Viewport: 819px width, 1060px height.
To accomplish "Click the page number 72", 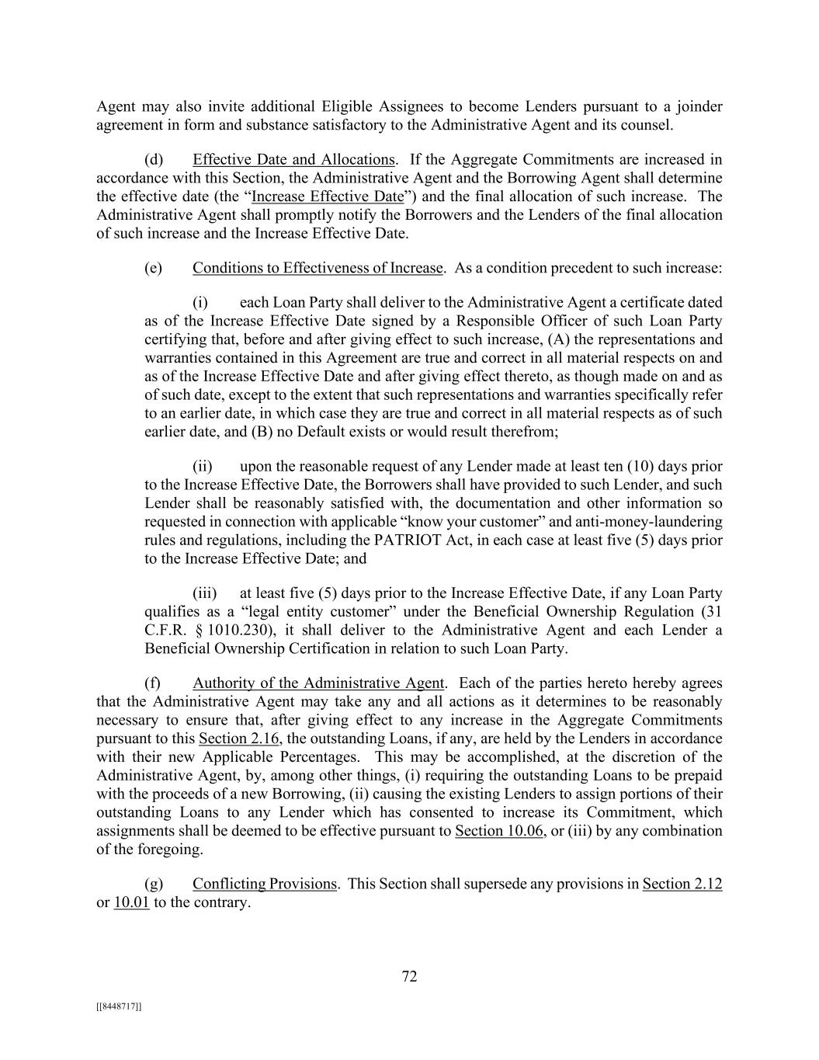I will coord(409,977).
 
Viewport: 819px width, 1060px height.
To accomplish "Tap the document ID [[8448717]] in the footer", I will coord(119,1006).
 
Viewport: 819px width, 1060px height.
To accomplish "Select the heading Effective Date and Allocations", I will coord(293,160).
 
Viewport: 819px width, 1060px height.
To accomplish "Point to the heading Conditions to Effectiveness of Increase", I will coord(317,268).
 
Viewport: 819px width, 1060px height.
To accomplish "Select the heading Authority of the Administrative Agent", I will coord(318,683).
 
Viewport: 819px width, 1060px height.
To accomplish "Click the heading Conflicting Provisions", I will coord(265,884).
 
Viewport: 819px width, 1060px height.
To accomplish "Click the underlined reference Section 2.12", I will coord(682,884).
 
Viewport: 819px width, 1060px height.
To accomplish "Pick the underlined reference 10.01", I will coord(131,903).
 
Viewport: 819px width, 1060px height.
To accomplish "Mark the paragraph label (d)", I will coord(154,160).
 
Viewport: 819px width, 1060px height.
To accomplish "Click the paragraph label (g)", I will coord(154,884).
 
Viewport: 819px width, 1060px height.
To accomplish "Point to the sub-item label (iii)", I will coord(205,594).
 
